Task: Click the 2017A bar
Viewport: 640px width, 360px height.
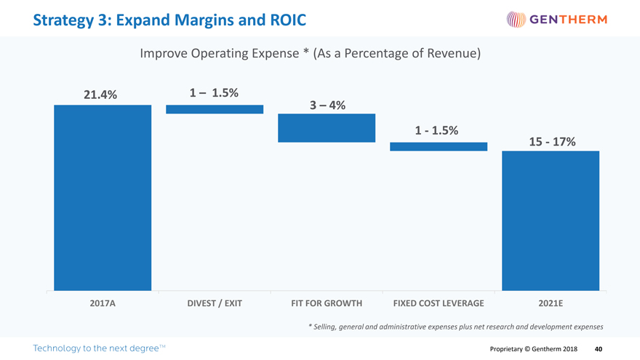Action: [103, 198]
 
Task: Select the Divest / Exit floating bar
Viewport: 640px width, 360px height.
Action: [215, 109]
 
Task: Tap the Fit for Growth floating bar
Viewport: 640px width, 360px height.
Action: [327, 128]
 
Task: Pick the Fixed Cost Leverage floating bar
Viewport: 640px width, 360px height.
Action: [439, 146]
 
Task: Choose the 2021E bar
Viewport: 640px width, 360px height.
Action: [551, 220]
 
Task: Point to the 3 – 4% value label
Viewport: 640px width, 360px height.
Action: [327, 105]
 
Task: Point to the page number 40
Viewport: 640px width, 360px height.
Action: [598, 349]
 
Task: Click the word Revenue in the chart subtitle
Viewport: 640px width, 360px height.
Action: [447, 55]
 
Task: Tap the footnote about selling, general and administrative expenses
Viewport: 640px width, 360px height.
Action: [456, 326]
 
